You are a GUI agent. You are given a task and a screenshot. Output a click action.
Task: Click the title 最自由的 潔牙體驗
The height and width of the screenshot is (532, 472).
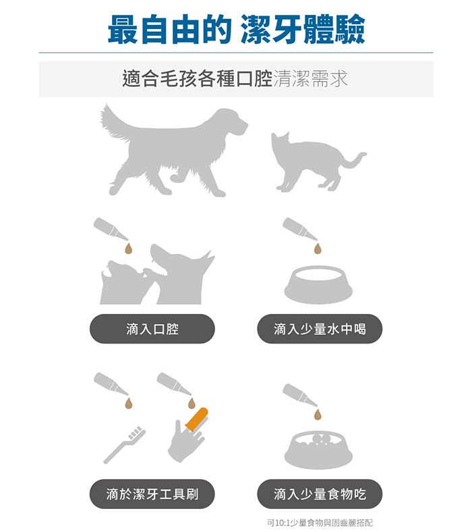(x=236, y=30)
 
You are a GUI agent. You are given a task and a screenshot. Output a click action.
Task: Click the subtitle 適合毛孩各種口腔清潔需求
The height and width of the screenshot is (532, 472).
(x=235, y=78)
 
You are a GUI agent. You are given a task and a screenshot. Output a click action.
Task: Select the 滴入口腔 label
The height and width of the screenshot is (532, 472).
(x=152, y=329)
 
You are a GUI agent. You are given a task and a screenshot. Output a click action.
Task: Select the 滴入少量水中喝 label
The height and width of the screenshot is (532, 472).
(x=320, y=329)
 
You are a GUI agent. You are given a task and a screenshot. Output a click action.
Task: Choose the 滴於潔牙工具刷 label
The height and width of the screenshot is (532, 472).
(x=152, y=494)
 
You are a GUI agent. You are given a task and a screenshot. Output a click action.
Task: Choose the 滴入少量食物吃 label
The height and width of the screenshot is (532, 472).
(x=320, y=494)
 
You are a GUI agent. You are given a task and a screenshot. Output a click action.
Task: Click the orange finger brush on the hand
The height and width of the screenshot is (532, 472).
(x=197, y=419)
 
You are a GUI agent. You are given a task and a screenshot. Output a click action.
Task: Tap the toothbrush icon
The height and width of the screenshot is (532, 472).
(x=124, y=445)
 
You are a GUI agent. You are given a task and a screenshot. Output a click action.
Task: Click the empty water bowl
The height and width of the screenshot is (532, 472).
(x=318, y=284)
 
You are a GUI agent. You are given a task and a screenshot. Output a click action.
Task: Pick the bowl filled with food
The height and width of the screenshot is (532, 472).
(x=318, y=450)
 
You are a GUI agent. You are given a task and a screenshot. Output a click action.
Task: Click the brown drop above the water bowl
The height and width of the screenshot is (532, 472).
(x=318, y=248)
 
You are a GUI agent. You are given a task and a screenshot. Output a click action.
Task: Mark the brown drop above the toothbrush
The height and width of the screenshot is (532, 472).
(x=128, y=404)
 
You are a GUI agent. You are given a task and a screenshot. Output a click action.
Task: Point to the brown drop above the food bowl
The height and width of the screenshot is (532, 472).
(x=318, y=415)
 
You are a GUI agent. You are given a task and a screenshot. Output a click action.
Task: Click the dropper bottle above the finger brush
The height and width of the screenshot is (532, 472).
(x=174, y=383)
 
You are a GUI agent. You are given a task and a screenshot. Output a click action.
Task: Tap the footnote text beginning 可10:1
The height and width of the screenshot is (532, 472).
(x=320, y=523)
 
